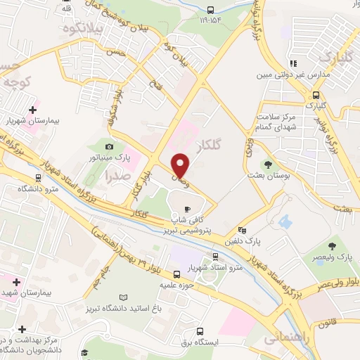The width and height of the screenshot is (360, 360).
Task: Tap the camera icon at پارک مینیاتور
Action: (109, 145)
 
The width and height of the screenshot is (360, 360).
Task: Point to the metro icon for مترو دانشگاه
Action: (37, 179)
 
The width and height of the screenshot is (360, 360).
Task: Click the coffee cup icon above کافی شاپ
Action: (187, 208)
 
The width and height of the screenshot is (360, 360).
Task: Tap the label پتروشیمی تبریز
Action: (188, 229)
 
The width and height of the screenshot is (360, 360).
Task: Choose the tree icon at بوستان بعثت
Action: (268, 163)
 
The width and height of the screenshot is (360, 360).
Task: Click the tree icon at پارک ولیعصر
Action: (332, 245)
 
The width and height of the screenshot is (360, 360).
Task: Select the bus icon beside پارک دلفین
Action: (242, 229)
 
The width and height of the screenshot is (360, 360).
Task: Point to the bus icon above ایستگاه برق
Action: (200, 331)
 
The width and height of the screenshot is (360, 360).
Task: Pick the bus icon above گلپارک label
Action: (316, 94)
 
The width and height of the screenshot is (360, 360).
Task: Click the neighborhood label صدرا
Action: (117, 177)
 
